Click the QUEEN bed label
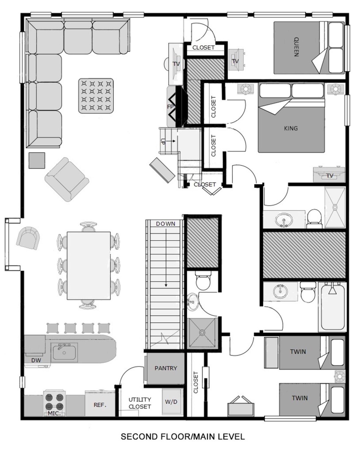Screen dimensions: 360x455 click(296, 46)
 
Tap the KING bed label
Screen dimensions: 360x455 click(290, 128)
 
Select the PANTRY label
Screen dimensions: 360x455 click(166, 368)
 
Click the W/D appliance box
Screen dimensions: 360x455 click(171, 402)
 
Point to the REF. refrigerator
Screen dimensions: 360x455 click(99, 404)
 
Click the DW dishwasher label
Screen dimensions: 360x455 click(36, 360)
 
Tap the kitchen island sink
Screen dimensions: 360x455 click(64, 352)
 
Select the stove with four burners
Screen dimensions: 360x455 click(54, 402)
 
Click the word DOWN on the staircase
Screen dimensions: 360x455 click(166, 224)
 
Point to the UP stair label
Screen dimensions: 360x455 click(163, 141)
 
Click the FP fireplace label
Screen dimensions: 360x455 click(170, 107)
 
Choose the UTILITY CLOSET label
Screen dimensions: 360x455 click(140, 403)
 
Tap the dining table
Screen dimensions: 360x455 click(89, 265)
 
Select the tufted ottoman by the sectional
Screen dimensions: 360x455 click(96, 96)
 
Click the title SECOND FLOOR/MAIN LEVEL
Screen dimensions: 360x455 click(183, 436)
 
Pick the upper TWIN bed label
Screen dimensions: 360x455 click(298, 352)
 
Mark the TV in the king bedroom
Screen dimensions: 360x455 click(329, 174)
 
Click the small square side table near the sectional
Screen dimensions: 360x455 click(37, 160)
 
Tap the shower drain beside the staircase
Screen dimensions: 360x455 click(202, 332)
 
